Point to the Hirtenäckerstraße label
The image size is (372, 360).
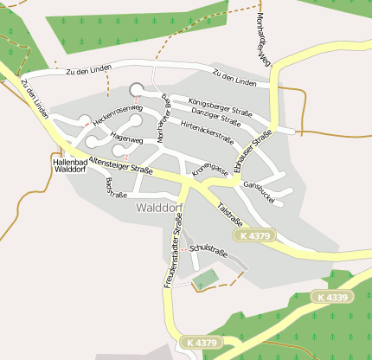click(x=208, y=131)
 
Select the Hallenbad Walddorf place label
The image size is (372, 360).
click(x=69, y=165)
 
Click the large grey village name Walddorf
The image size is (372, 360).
click(x=158, y=209)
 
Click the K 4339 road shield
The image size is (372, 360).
click(x=332, y=297)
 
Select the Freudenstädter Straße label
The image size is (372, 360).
click(x=171, y=257)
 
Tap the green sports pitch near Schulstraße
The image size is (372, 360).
click(x=205, y=280)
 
